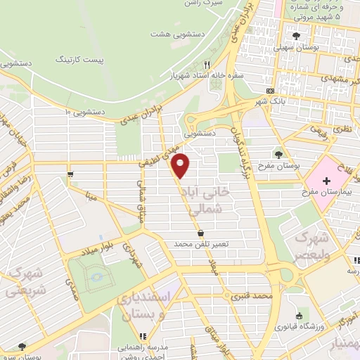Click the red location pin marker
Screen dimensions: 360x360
pos(181,165)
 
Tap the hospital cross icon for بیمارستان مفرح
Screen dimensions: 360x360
pos(326,181)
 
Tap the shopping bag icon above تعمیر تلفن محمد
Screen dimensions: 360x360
pos(202,233)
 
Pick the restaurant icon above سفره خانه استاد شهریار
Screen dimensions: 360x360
pos(207,64)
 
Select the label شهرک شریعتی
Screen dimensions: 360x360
pos(27,281)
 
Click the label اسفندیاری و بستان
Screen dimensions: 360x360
pos(146,306)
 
